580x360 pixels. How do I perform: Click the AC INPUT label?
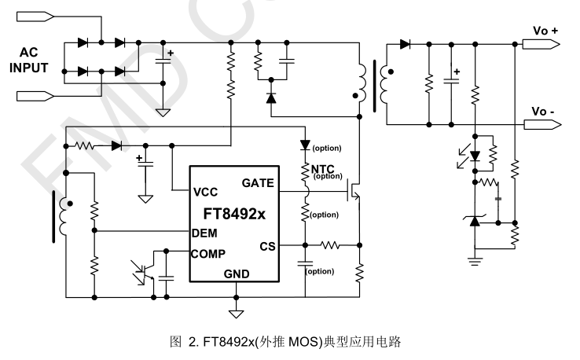pos(29,61)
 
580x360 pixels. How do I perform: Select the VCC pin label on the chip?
pos(207,191)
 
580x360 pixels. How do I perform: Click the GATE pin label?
pos(258,183)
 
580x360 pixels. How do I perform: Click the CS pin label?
pos(266,246)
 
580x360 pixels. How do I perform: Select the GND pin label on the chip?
pos(236,274)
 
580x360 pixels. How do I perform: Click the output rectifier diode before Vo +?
pos(406,45)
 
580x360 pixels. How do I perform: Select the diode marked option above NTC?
pos(306,145)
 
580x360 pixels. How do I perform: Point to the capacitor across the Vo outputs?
pos(453,81)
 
